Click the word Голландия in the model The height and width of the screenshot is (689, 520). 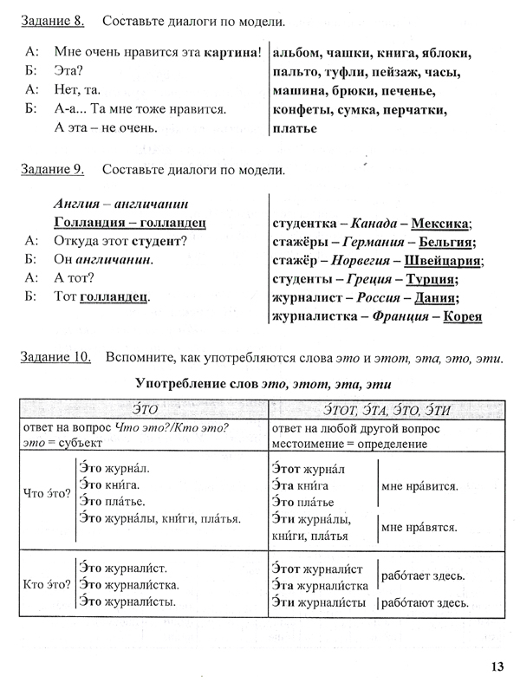click(x=85, y=223)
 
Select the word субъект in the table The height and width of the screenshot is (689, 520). click(x=82, y=444)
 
